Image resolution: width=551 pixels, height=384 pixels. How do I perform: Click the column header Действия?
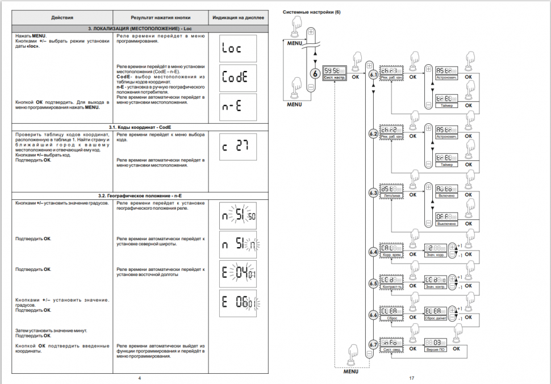point(62,18)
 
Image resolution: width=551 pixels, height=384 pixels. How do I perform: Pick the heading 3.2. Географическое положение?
point(139,195)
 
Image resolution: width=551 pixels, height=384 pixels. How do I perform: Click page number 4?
point(139,378)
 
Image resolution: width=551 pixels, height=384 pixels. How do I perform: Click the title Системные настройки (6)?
point(311,12)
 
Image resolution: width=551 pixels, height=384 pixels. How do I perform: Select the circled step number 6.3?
point(373,193)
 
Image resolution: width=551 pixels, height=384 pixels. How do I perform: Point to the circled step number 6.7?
point(373,344)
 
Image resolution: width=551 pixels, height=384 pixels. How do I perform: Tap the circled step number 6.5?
point(373,283)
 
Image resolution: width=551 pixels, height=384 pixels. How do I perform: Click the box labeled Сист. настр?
point(335,73)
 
